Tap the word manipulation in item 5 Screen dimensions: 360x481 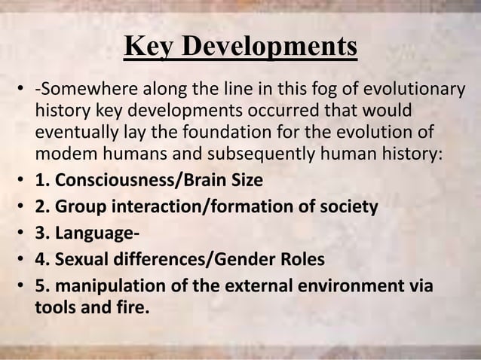tap(98, 284)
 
